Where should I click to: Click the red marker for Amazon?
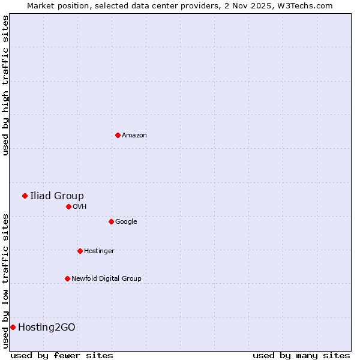(x=118, y=135)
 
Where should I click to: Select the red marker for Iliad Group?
(x=25, y=196)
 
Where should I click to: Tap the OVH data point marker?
(x=68, y=206)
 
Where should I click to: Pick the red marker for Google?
(x=111, y=221)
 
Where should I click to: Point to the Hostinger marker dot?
(x=80, y=251)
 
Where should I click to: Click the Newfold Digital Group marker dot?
(x=67, y=278)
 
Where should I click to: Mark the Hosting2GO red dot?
(x=13, y=327)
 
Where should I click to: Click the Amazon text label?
(x=134, y=136)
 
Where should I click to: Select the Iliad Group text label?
(x=57, y=196)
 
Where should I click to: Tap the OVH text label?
(x=80, y=207)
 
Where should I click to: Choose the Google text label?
(x=126, y=222)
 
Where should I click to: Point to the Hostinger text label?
(x=99, y=251)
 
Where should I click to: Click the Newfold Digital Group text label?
(x=106, y=279)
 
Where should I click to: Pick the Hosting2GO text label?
(x=47, y=327)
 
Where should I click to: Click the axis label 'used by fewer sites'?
(x=62, y=355)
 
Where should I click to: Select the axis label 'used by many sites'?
(x=301, y=355)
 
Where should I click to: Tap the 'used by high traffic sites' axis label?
(x=5, y=85)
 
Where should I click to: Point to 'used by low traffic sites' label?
(x=5, y=280)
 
